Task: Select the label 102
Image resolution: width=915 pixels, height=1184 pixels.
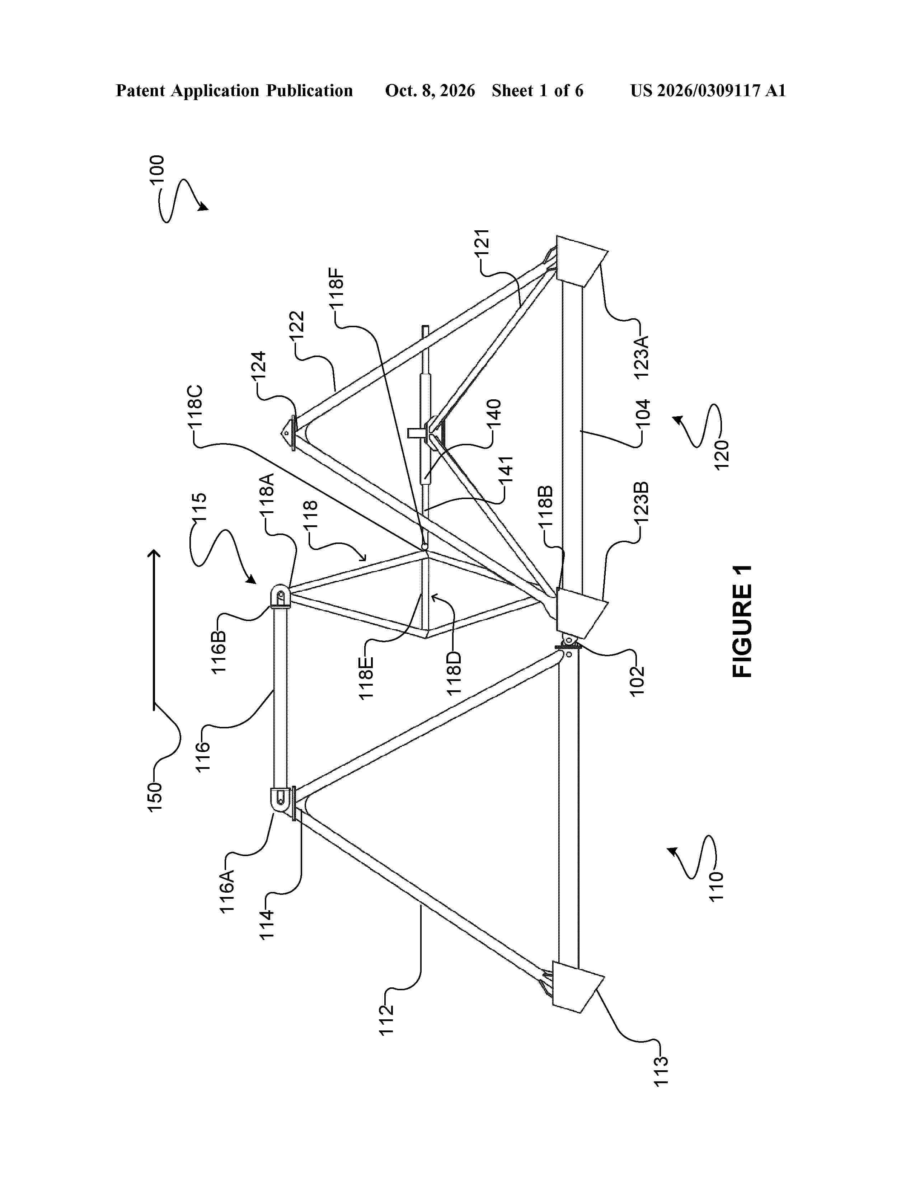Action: point(638,678)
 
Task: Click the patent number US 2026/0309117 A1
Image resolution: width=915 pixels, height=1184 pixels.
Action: point(708,90)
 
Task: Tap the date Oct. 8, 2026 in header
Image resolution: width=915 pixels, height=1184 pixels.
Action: point(430,90)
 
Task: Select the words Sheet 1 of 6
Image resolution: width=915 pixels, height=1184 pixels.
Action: point(538,90)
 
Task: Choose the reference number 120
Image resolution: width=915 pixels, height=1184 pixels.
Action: point(722,454)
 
